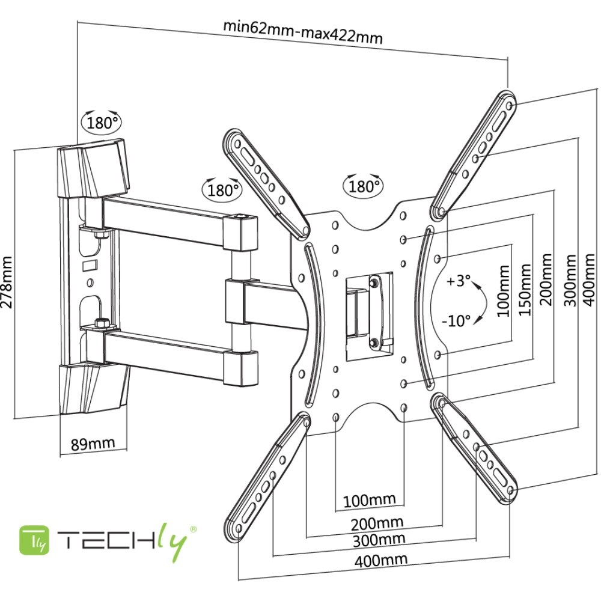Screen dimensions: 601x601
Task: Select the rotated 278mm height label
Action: click(7, 282)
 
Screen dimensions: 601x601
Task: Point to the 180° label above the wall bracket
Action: click(101, 123)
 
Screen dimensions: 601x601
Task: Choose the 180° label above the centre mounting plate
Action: click(364, 186)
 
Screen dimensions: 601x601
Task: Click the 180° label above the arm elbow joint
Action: click(220, 190)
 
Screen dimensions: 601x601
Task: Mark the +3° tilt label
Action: click(459, 281)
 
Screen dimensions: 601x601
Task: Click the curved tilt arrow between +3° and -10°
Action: click(478, 301)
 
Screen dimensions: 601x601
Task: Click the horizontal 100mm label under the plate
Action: click(369, 499)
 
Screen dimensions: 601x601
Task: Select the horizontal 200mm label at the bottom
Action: click(377, 522)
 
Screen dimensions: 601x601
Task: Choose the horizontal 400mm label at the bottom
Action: click(380, 560)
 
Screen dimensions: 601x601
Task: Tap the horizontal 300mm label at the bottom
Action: click(380, 539)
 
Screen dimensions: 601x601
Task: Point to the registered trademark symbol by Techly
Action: click(194, 529)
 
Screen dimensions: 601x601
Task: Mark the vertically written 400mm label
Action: click(589, 280)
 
